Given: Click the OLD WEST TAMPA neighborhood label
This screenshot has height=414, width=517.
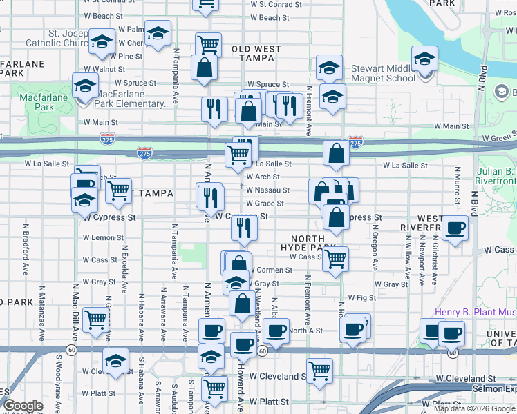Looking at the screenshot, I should [x=256, y=55].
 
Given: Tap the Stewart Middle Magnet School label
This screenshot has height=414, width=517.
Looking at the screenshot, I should [x=383, y=74].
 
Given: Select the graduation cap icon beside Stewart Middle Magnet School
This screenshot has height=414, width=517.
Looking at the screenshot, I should [x=424, y=58].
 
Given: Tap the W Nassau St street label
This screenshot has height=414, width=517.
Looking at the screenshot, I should [x=267, y=190].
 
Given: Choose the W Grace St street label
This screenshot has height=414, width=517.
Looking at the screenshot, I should [x=265, y=204].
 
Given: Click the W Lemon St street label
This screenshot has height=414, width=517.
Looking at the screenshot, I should [x=103, y=237].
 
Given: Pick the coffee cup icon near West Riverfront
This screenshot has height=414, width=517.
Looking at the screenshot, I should [x=454, y=229].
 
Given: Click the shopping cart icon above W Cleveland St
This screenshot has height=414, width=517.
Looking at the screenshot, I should [x=319, y=371].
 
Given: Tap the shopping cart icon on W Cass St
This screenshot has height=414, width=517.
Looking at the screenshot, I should [x=335, y=259].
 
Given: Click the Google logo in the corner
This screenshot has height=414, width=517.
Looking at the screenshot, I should [x=23, y=406].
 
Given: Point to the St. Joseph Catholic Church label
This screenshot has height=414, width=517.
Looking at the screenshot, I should [x=55, y=37].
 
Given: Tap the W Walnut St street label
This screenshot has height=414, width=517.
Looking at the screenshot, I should [x=104, y=69].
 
